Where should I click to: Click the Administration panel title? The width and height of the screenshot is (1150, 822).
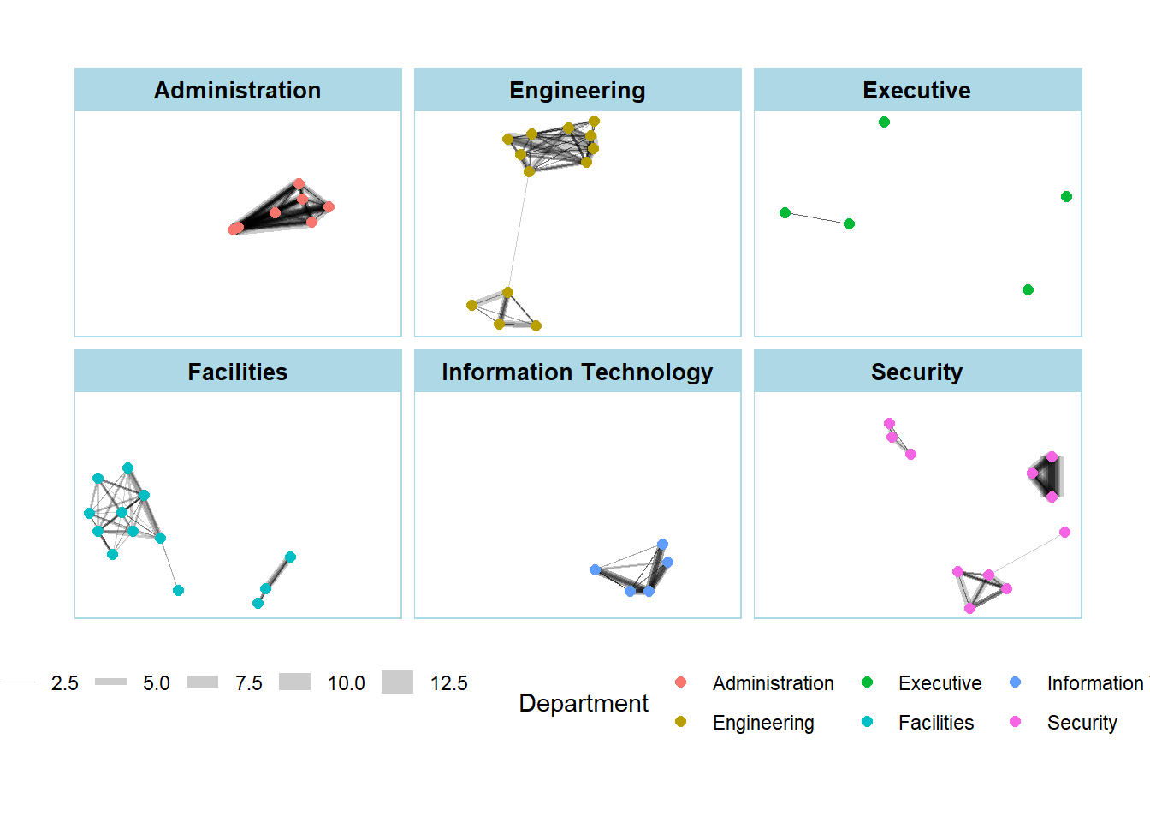(238, 91)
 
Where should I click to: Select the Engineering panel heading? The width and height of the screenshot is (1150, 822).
(578, 91)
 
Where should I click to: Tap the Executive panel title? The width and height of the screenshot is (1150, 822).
(916, 91)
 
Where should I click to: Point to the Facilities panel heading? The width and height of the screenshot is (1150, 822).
(238, 372)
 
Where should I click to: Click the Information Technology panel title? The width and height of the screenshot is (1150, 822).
(578, 372)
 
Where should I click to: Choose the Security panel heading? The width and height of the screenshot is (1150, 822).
(916, 372)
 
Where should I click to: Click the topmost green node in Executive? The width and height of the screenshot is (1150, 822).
(884, 122)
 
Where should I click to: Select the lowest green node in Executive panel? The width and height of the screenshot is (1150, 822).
(1028, 290)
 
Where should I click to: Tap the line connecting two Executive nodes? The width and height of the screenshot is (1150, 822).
(817, 218)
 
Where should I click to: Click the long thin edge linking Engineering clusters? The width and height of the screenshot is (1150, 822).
(519, 231)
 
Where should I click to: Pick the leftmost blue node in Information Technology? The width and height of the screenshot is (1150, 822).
(595, 570)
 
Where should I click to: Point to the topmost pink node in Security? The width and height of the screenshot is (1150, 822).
(889, 424)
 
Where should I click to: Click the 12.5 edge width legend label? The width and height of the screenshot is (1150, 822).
(448, 683)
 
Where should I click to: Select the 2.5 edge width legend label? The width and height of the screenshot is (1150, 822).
(65, 683)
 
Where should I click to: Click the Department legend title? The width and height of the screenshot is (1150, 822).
(584, 703)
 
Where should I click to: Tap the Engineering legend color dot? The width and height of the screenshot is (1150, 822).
(680, 722)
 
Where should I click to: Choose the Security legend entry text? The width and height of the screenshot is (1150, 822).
(1082, 723)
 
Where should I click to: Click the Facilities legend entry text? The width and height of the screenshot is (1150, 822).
(936, 723)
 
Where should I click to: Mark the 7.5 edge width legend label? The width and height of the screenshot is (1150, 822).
(249, 683)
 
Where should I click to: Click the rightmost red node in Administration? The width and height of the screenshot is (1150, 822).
(329, 207)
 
